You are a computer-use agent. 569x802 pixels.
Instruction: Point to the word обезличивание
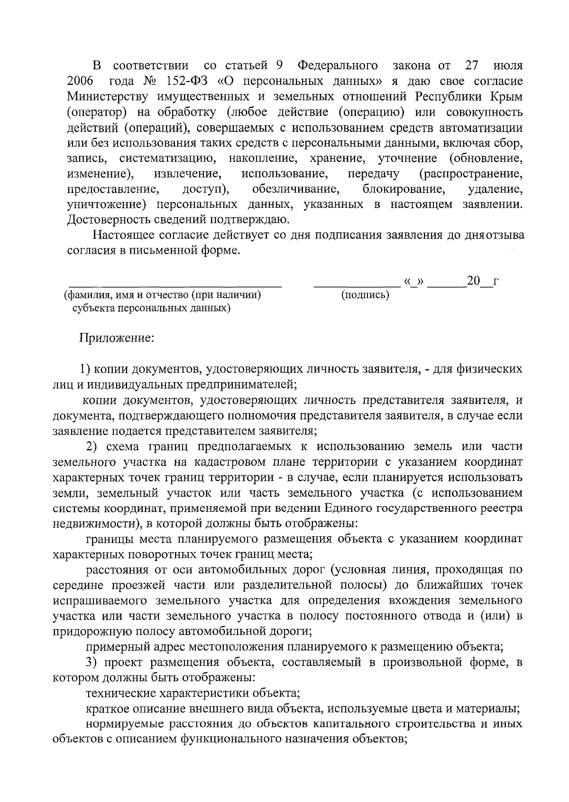tap(296, 190)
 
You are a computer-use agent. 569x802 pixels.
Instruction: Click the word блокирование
tap(404, 190)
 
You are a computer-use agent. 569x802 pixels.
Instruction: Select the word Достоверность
tap(108, 221)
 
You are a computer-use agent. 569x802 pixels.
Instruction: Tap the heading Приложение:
tap(117, 338)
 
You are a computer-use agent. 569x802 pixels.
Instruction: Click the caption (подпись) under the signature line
tap(365, 295)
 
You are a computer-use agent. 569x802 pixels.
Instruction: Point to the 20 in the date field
tap(473, 281)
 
